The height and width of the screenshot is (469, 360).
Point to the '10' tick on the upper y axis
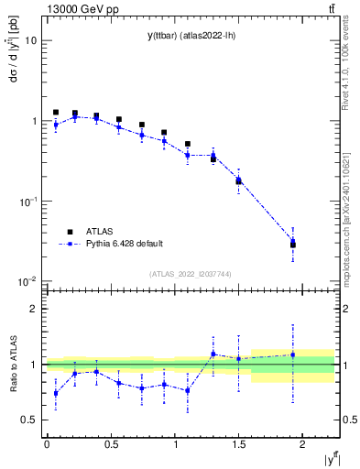point(30,41)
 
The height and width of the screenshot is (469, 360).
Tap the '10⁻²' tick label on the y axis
point(27,281)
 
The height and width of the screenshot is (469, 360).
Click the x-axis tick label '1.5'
point(238,444)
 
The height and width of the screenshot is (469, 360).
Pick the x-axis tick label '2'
point(301,444)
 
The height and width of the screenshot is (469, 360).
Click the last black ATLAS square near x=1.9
point(293,245)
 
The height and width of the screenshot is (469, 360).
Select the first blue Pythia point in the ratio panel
point(56,393)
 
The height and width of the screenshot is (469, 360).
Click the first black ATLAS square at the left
point(56,113)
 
